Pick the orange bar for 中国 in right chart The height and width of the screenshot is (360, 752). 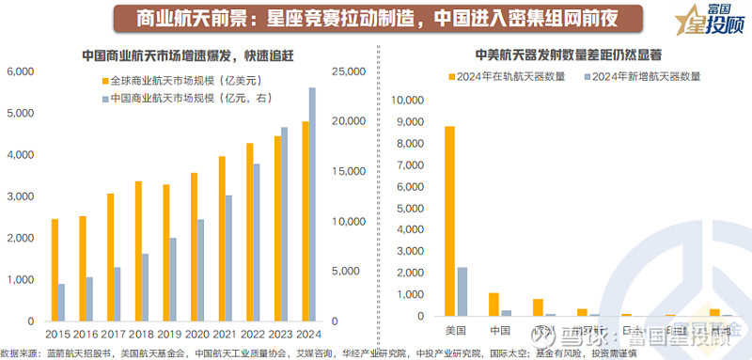point(493,306)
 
